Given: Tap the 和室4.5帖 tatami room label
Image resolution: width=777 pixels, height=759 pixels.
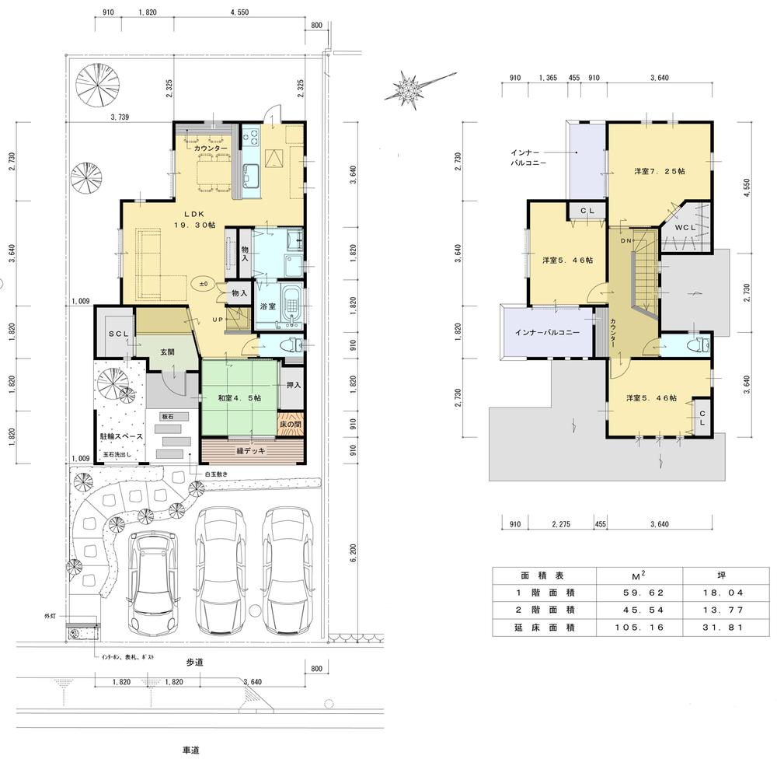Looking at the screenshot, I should click(x=239, y=398).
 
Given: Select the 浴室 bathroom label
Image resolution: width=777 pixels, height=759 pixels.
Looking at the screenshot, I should click(x=267, y=307).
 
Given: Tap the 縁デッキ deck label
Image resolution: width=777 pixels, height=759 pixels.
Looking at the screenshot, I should click(x=250, y=451).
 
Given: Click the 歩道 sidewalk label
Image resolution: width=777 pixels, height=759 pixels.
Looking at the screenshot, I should click(x=194, y=663).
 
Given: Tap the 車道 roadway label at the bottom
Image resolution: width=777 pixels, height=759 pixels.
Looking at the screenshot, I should click(x=191, y=750).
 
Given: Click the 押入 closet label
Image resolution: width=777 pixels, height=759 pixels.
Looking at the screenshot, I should click(x=293, y=384).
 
